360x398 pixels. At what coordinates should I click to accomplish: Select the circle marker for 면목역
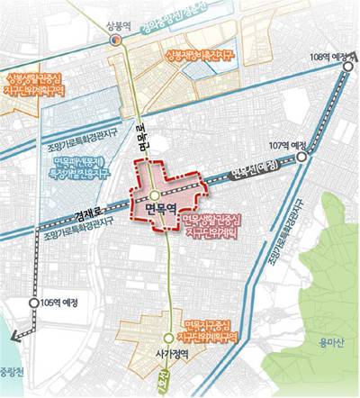point(156,194)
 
